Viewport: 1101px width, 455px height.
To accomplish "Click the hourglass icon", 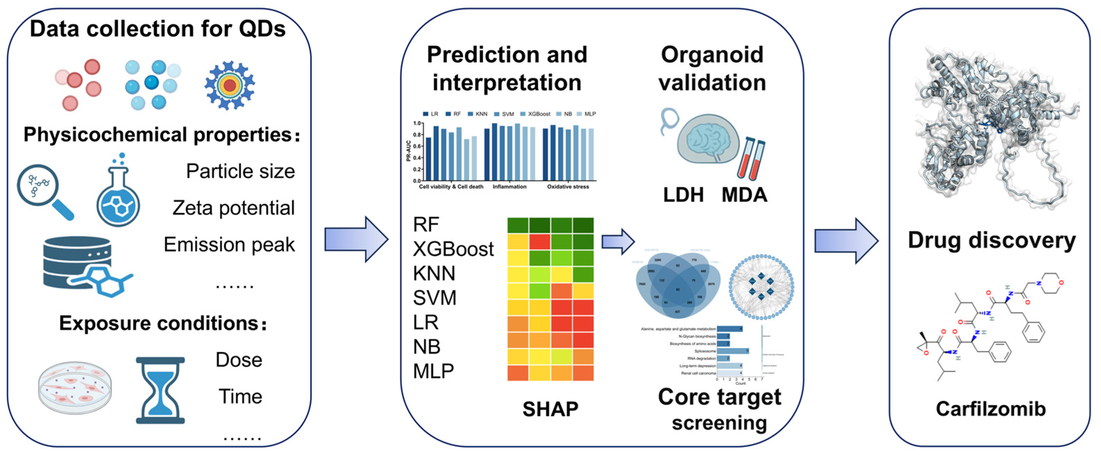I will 160,390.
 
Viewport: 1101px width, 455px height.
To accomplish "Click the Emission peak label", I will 229,245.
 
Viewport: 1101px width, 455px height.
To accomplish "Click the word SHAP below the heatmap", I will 550,409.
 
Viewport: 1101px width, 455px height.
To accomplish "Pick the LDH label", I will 683,195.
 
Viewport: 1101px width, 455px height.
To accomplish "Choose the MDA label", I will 744,195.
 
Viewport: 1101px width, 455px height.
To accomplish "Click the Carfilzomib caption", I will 990,409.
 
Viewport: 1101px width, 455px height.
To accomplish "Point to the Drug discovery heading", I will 992,240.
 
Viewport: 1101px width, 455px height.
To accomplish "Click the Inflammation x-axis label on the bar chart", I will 509,187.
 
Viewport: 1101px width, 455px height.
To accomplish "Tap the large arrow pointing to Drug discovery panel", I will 845,240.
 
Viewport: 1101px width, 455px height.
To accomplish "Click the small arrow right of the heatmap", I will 618,242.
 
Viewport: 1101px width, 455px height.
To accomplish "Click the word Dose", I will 238,360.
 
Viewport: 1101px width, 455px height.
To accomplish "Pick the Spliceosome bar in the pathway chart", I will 732,351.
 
